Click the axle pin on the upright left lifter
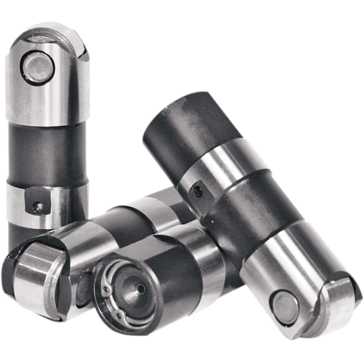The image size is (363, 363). point(38,65)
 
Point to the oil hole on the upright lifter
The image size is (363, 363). point(38,206)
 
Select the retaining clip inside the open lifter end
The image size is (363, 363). point(110,284)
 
